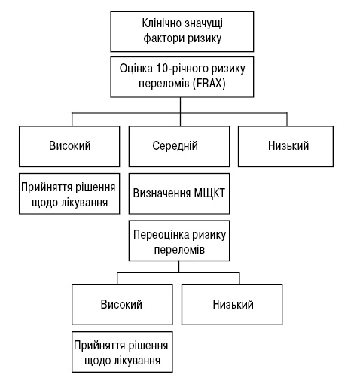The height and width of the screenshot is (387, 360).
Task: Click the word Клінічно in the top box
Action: click(x=162, y=23)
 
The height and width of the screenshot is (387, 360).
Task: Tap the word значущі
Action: click(x=204, y=24)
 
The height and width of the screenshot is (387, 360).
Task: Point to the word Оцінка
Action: click(x=136, y=69)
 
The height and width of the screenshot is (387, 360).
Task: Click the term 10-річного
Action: click(x=182, y=69)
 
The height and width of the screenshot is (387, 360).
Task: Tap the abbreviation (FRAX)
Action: click(x=209, y=84)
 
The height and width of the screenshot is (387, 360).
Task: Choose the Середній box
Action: click(x=179, y=147)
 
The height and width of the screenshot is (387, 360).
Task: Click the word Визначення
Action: click(x=162, y=193)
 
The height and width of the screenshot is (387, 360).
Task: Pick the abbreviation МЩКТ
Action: click(x=209, y=193)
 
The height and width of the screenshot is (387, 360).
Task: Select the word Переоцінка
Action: click(x=161, y=235)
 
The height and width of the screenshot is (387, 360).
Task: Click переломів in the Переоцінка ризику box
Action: click(x=179, y=250)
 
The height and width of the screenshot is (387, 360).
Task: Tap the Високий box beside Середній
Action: click(x=69, y=147)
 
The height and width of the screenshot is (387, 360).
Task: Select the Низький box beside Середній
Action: click(x=285, y=147)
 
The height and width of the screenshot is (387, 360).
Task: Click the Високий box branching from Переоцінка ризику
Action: click(x=122, y=305)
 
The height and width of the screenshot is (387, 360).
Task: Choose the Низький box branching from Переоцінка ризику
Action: click(x=232, y=305)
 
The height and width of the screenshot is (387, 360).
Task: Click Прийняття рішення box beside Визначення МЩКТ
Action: click(x=69, y=193)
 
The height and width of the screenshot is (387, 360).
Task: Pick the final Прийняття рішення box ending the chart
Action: click(x=122, y=352)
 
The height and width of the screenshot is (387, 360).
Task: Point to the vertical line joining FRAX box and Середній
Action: click(x=180, y=111)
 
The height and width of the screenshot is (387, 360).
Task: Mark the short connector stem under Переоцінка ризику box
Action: click(x=179, y=267)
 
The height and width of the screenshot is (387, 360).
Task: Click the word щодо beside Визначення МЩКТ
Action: click(x=44, y=203)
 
